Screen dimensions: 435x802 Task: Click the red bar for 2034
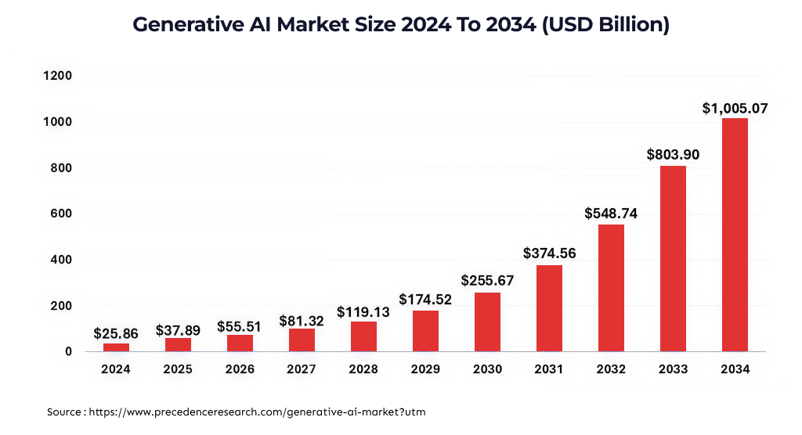coord(735,235)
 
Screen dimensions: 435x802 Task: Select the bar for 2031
coord(549,308)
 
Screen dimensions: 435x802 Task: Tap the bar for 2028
coord(363,336)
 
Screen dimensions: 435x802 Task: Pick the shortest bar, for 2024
coord(116,347)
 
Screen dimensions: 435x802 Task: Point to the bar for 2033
coord(673,258)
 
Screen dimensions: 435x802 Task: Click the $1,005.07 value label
coord(735,109)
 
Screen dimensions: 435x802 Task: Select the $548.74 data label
coord(611,214)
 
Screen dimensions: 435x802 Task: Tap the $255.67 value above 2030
coord(487,280)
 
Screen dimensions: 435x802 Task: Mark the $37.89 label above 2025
coord(178,330)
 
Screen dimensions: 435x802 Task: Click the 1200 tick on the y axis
coord(57,76)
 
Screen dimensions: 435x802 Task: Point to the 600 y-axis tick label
coord(61,214)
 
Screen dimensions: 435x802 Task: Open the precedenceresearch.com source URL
coord(258,411)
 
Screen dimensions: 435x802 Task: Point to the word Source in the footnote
coord(65,411)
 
